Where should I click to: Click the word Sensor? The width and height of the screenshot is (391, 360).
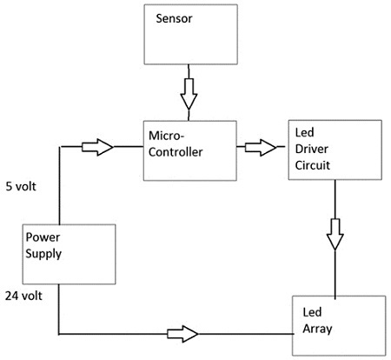[174, 18]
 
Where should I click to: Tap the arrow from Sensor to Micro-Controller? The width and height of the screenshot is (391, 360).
[189, 94]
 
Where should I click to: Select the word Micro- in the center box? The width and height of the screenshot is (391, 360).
[166, 136]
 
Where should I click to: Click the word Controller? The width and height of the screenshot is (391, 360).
[176, 152]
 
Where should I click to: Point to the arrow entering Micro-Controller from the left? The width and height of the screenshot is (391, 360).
[97, 147]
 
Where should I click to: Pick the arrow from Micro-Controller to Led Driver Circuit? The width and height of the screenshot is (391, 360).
[261, 148]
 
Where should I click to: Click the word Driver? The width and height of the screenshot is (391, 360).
[312, 149]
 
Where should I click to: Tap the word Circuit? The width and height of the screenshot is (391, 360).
[313, 165]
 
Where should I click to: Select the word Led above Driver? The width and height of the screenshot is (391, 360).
[304, 132]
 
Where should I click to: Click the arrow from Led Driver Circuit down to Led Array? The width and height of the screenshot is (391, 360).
[335, 234]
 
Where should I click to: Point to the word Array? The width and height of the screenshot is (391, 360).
[317, 330]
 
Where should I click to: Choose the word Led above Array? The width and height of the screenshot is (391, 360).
[312, 312]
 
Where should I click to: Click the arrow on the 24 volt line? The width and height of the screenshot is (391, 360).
[182, 334]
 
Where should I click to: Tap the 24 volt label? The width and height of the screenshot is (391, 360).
[23, 296]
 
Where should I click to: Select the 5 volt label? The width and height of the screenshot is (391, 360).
[21, 186]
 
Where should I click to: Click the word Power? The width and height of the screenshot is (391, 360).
[43, 237]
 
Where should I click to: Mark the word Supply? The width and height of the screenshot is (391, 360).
[43, 254]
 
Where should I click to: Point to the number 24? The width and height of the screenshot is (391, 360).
[12, 296]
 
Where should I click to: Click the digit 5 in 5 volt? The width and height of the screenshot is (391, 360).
[9, 186]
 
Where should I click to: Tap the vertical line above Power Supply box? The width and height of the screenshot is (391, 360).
[59, 185]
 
